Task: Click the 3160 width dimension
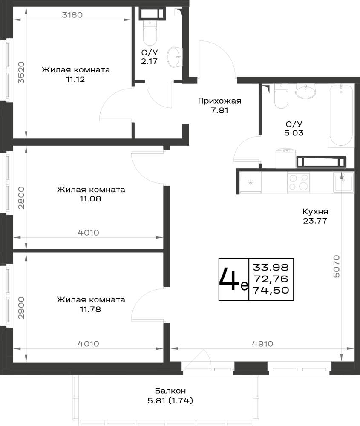72,14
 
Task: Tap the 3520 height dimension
21,72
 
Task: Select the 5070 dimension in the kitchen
337,266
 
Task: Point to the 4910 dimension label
262,344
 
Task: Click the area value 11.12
75,79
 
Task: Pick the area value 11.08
90,199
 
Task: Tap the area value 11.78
90,309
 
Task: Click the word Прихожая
219,101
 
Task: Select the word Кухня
315,211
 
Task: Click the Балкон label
170,391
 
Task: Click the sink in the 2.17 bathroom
174,57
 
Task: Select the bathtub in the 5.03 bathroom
341,116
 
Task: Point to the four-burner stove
298,182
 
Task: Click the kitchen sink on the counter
343,182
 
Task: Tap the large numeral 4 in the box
229,279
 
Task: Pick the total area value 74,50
271,290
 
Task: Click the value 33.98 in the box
271,268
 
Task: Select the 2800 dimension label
21,198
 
